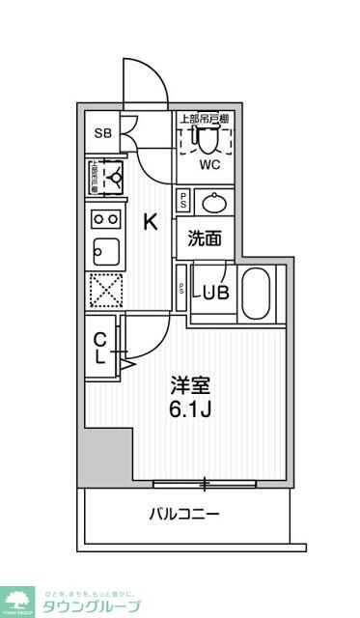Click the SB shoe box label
101,133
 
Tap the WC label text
210,164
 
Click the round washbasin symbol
212,202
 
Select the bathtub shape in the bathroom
257,293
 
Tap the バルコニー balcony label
183,514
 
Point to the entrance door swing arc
137,81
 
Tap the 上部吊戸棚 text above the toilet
204,118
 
